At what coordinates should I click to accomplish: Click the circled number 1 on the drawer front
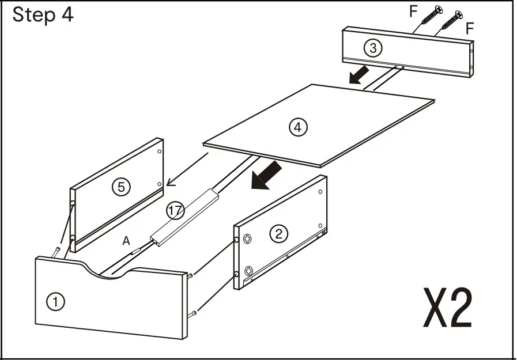pyautogui.click(x=55, y=301)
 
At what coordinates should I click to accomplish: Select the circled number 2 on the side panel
pyautogui.click(x=279, y=233)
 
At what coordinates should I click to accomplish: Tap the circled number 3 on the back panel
pyautogui.click(x=373, y=48)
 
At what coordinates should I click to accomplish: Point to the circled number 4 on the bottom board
pyautogui.click(x=298, y=127)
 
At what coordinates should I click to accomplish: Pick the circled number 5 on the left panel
pyautogui.click(x=121, y=187)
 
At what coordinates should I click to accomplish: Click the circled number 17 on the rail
pyautogui.click(x=175, y=211)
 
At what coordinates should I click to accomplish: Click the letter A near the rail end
pyautogui.click(x=126, y=242)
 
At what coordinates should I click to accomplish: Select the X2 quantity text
pyautogui.click(x=447, y=308)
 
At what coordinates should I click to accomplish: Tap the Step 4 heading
pyautogui.click(x=43, y=15)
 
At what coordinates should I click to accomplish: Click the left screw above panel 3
pyautogui.click(x=431, y=16)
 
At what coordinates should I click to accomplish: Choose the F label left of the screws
pyautogui.click(x=413, y=10)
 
